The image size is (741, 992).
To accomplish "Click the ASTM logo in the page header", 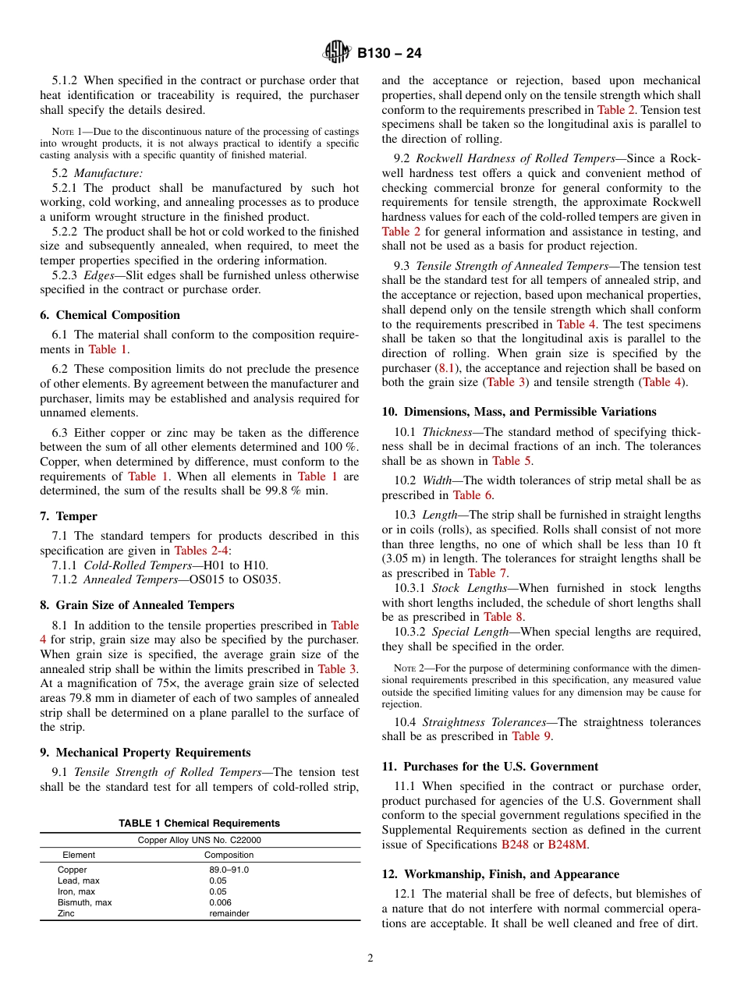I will [x=337, y=53].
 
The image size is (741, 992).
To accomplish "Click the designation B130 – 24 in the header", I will [x=389, y=54].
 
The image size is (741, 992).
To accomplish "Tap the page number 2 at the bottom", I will [x=370, y=958].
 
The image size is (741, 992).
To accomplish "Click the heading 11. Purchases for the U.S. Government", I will [x=490, y=767].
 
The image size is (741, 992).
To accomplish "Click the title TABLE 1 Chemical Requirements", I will [x=199, y=824].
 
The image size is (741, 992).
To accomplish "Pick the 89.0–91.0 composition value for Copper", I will [x=229, y=870].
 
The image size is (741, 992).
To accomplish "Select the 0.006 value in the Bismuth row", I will [x=220, y=902].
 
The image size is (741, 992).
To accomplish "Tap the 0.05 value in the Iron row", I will [x=218, y=891].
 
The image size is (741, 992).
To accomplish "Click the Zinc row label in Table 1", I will [x=66, y=913].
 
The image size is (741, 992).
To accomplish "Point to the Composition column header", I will [x=229, y=855].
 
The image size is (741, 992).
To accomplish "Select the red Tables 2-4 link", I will [x=201, y=551].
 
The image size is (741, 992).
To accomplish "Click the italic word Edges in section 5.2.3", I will [x=98, y=275].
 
